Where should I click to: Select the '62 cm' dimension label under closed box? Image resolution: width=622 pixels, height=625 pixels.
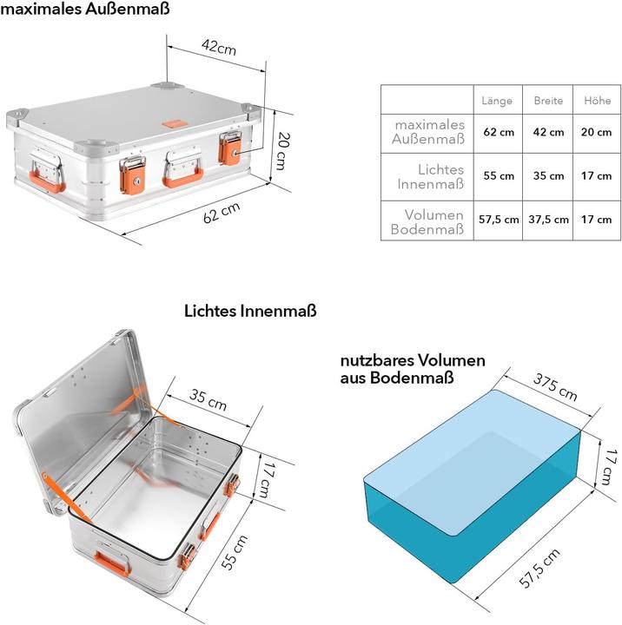222,213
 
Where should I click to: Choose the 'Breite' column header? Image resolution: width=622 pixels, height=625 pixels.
548,101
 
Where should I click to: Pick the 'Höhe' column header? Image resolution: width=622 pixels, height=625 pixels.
597,101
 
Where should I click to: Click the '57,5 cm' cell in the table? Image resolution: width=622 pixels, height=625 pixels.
498,220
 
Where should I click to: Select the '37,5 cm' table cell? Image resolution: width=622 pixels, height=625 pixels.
548,220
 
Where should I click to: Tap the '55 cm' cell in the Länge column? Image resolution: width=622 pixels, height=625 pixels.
498,176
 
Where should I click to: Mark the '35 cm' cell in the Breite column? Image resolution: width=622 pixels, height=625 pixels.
548,176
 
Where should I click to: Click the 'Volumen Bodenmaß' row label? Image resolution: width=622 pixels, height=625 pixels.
427,221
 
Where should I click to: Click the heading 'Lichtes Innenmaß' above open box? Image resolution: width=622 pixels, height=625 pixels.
249,310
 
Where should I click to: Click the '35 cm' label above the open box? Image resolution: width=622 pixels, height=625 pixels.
208,400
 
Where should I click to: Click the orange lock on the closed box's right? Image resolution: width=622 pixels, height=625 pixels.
232,148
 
